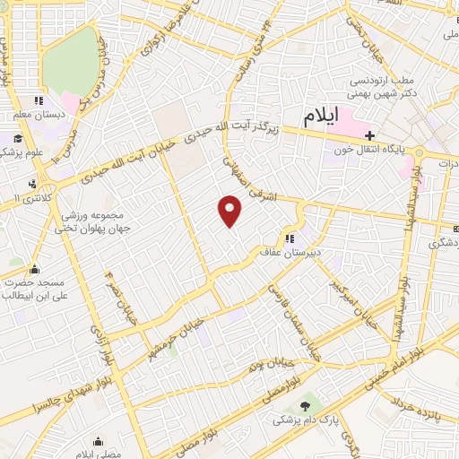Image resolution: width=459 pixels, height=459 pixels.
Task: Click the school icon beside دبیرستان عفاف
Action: click(x=289, y=238)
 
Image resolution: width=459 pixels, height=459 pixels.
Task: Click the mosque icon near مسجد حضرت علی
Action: click(x=34, y=269)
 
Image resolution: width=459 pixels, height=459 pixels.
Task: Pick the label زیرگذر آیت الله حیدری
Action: click(x=234, y=132)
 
